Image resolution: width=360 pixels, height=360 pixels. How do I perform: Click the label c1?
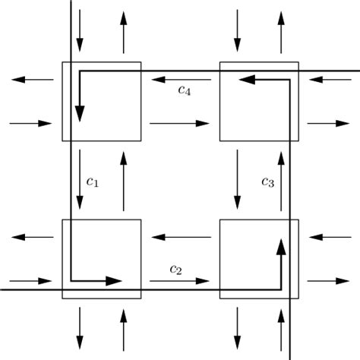tap(93, 182)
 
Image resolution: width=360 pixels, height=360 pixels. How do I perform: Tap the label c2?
tap(176, 269)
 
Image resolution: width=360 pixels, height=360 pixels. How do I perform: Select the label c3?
tap(267, 182)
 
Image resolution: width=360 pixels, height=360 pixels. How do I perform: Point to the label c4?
tap(184, 90)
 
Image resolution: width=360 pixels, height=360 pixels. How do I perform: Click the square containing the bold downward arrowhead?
tap(101, 101)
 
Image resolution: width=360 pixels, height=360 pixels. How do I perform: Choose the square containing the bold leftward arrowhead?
tap(259, 101)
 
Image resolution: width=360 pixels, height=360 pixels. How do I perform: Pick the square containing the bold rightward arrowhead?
tap(101, 258)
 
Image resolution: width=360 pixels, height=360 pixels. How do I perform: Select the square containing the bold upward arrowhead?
tap(259, 258)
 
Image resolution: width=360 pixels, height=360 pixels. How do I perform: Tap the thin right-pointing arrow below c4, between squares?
tap(179, 123)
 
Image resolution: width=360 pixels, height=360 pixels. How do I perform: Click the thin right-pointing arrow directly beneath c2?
tap(179, 281)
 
